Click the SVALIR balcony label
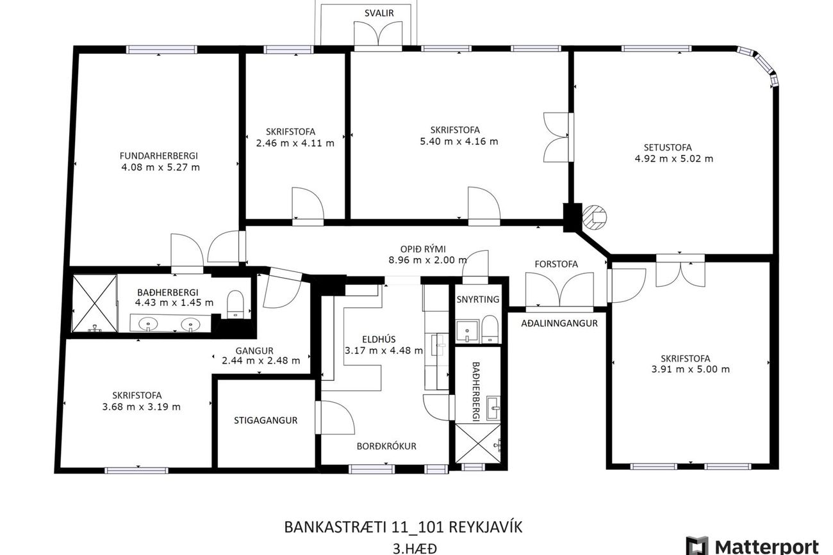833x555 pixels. pyautogui.click(x=379, y=13)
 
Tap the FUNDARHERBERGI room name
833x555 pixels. pyautogui.click(x=159, y=156)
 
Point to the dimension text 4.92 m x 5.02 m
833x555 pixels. pyautogui.click(x=674, y=159)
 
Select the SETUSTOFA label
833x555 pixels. pyautogui.click(x=668, y=147)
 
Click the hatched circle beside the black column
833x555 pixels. pyautogui.click(x=594, y=216)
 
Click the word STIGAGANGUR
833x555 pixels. pyautogui.click(x=265, y=421)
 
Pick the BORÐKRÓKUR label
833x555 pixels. pyautogui.click(x=386, y=446)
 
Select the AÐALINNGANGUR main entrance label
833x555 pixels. pyautogui.click(x=559, y=323)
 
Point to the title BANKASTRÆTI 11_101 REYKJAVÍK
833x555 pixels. pyautogui.click(x=404, y=527)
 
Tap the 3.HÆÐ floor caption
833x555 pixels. pyautogui.click(x=415, y=549)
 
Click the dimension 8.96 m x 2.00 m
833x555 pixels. pyautogui.click(x=427, y=260)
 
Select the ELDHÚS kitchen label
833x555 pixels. pyautogui.click(x=379, y=339)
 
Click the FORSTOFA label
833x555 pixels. pyautogui.click(x=556, y=264)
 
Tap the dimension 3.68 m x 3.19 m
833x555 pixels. pyautogui.click(x=142, y=406)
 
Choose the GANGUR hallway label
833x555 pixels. pyautogui.click(x=254, y=351)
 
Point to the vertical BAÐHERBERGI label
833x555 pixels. pyautogui.click(x=475, y=392)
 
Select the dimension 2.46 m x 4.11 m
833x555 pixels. pyautogui.click(x=295, y=143)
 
